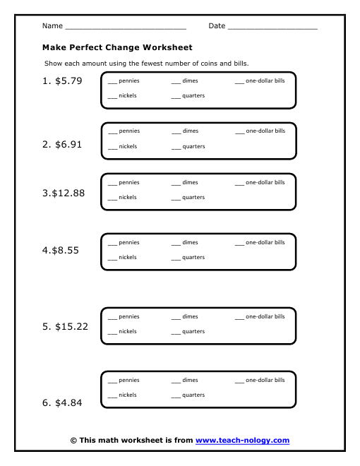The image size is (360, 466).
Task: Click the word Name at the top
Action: [x=52, y=26]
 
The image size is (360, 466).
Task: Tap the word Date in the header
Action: [x=217, y=26]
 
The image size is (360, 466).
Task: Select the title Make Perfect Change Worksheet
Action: [x=117, y=47]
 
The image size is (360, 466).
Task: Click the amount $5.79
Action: [x=68, y=80]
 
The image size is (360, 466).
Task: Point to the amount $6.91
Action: [x=68, y=145]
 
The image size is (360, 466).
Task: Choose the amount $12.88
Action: [x=68, y=193]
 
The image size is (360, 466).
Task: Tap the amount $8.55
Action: [x=66, y=250]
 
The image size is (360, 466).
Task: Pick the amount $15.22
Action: [x=71, y=327]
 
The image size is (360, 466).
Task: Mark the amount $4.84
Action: [x=68, y=402]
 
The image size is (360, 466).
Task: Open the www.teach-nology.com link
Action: [x=242, y=440]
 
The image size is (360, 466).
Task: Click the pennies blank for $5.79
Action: [x=112, y=83]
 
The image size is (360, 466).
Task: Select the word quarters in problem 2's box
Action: [x=193, y=147]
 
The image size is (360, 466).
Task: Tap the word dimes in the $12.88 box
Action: [x=190, y=182]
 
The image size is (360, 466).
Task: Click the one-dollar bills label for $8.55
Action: [x=265, y=242]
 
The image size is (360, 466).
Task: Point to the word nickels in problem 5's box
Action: [x=128, y=331]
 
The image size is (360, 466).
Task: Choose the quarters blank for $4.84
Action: [x=176, y=398]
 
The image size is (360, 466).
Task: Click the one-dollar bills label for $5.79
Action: [x=265, y=80]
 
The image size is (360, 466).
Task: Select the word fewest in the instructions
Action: [x=152, y=64]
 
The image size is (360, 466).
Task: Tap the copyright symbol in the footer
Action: [x=73, y=441]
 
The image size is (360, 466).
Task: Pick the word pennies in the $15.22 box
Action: [x=129, y=317]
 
